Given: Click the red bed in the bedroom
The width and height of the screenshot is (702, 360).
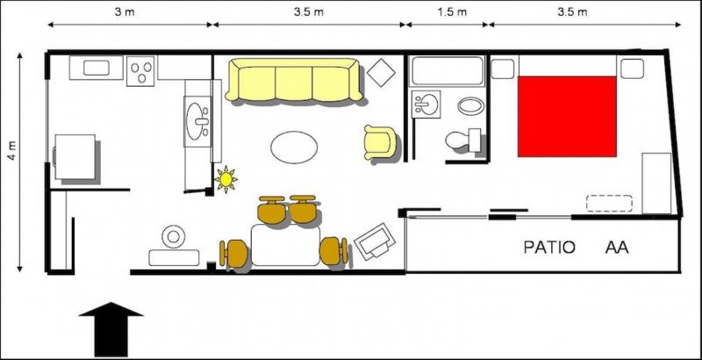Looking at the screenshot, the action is [x=567, y=117].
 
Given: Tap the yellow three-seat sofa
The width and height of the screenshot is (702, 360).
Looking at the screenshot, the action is [x=294, y=80].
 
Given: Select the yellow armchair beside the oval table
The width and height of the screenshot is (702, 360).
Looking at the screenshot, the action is [x=380, y=142].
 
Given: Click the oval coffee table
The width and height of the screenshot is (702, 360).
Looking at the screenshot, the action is [x=294, y=148].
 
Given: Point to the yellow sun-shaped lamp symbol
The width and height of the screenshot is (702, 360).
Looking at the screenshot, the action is [x=226, y=179].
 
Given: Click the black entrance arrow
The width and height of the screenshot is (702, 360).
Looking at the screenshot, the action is [x=111, y=329].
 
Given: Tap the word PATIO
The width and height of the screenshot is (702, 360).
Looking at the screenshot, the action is [x=549, y=248].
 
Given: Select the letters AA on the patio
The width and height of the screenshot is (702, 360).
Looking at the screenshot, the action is [x=617, y=248].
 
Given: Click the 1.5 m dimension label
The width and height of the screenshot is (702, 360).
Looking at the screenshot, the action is [x=452, y=12].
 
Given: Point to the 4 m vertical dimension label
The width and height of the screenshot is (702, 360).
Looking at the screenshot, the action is [x=13, y=150].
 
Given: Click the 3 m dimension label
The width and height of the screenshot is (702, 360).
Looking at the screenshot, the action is [x=125, y=12].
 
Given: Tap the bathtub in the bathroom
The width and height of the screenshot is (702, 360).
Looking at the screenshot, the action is [x=448, y=71].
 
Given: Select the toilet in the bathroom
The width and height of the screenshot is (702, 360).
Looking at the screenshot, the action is [x=462, y=140].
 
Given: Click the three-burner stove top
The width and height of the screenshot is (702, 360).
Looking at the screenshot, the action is [x=140, y=71].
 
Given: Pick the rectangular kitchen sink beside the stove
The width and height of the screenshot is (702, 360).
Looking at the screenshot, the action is [x=97, y=68].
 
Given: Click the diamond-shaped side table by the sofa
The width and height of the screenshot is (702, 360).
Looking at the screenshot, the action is [x=381, y=73].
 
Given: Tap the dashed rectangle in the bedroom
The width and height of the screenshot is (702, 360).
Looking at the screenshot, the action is [x=609, y=204].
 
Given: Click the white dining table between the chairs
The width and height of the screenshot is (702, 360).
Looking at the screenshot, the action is [x=285, y=245].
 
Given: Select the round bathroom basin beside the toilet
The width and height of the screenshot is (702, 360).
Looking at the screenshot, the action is [x=470, y=106].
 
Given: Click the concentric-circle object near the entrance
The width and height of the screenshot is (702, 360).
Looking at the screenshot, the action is [x=173, y=236].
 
